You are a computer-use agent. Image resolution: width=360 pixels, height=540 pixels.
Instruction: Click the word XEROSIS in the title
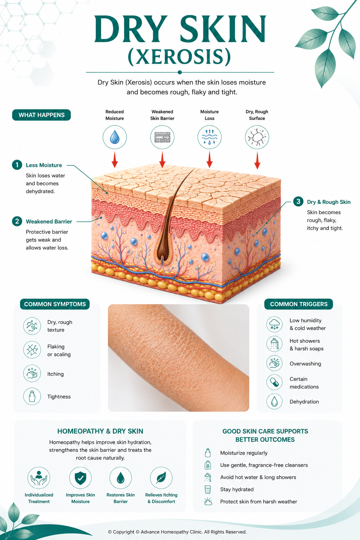point(179,57)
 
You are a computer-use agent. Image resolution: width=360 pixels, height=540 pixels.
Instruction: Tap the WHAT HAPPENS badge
point(41,115)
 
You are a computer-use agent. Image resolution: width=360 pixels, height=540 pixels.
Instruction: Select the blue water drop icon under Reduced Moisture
point(115,137)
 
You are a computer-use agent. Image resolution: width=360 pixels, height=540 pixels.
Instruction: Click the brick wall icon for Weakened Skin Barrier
point(162,137)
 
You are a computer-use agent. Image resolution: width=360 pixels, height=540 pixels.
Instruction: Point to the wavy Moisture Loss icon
point(210,137)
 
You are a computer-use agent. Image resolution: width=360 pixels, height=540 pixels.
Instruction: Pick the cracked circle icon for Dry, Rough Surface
point(257,137)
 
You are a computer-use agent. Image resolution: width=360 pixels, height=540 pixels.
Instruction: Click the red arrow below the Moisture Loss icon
point(210,160)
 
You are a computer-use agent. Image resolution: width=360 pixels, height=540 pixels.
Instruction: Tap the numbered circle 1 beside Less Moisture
point(17,165)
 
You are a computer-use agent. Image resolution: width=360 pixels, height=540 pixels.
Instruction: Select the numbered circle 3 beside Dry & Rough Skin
point(298,201)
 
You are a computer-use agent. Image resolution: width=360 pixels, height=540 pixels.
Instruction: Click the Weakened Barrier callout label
point(49,221)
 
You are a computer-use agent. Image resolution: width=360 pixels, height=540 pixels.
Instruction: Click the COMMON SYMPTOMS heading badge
point(55,304)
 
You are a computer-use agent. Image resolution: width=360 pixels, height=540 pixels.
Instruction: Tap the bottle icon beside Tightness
point(32,396)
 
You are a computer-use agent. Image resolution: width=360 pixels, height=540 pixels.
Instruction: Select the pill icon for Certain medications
point(275,382)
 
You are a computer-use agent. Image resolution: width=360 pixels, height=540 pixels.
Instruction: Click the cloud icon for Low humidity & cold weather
point(275,324)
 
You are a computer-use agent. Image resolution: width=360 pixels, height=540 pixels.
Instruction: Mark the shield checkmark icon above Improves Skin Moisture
point(81,478)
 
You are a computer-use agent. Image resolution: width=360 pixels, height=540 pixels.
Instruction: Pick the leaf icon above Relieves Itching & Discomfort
point(161,478)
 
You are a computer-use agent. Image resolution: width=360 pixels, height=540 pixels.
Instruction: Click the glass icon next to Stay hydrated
point(208,489)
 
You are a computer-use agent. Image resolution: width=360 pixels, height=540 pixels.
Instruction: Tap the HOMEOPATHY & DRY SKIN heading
point(100,431)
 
